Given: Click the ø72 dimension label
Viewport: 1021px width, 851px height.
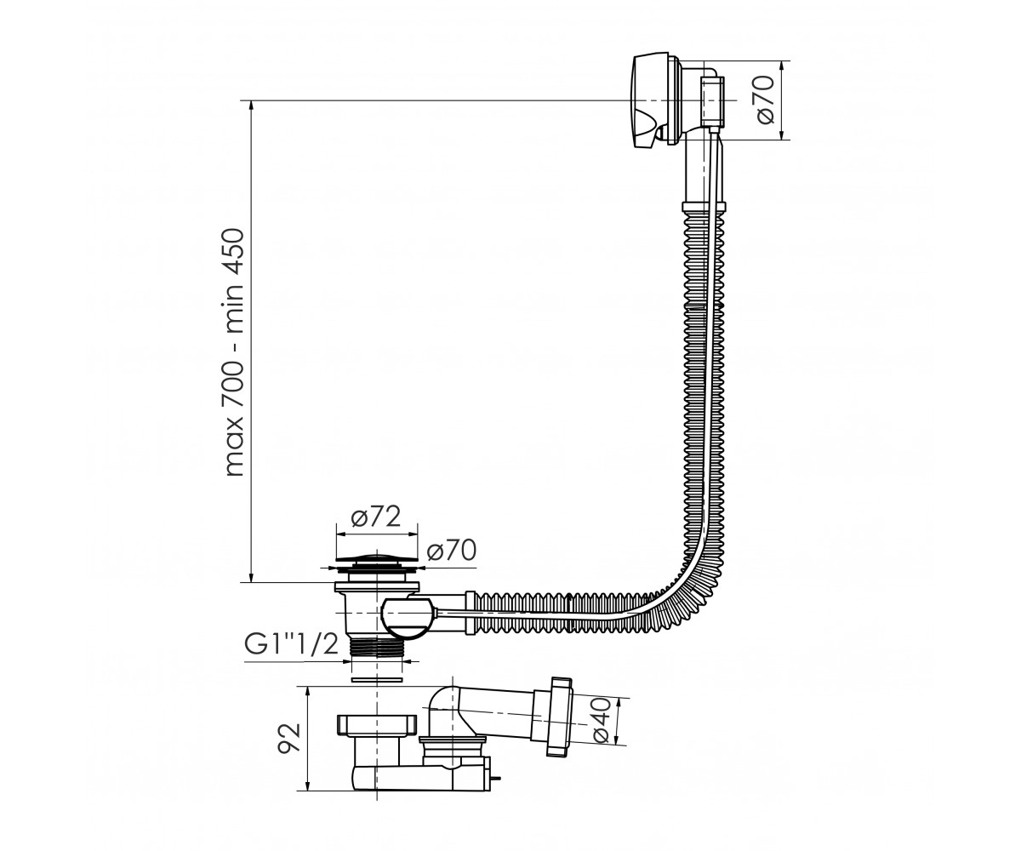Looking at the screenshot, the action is tap(376, 517).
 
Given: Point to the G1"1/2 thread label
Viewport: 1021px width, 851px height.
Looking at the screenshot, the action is tap(292, 645).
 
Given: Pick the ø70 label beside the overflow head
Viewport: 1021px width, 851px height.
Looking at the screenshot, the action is tap(764, 100).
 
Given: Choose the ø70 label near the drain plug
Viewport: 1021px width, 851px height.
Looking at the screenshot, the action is tap(451, 551).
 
